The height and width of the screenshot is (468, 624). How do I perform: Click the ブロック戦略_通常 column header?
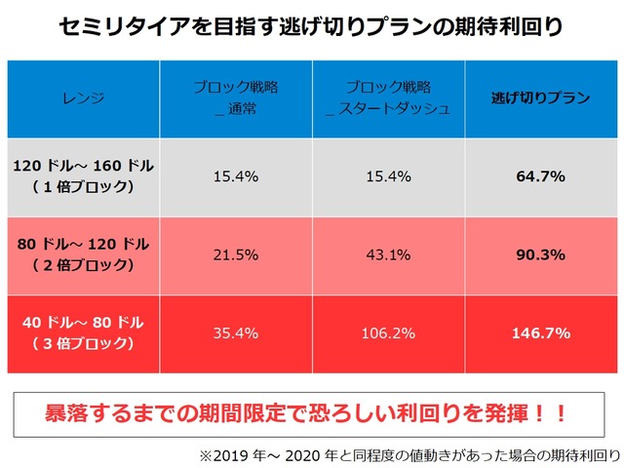click(237, 98)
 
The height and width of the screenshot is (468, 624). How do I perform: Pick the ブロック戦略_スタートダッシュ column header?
click(388, 98)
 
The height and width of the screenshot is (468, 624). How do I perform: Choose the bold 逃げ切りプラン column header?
click(539, 98)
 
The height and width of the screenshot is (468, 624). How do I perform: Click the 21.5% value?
click(236, 254)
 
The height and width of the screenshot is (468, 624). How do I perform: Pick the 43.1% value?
click(388, 254)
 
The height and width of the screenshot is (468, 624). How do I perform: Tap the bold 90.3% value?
click(539, 254)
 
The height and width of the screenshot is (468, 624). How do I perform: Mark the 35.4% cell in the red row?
click(236, 332)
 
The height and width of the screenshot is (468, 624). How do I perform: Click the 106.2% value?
click(388, 332)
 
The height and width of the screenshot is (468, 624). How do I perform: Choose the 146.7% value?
click(539, 332)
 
